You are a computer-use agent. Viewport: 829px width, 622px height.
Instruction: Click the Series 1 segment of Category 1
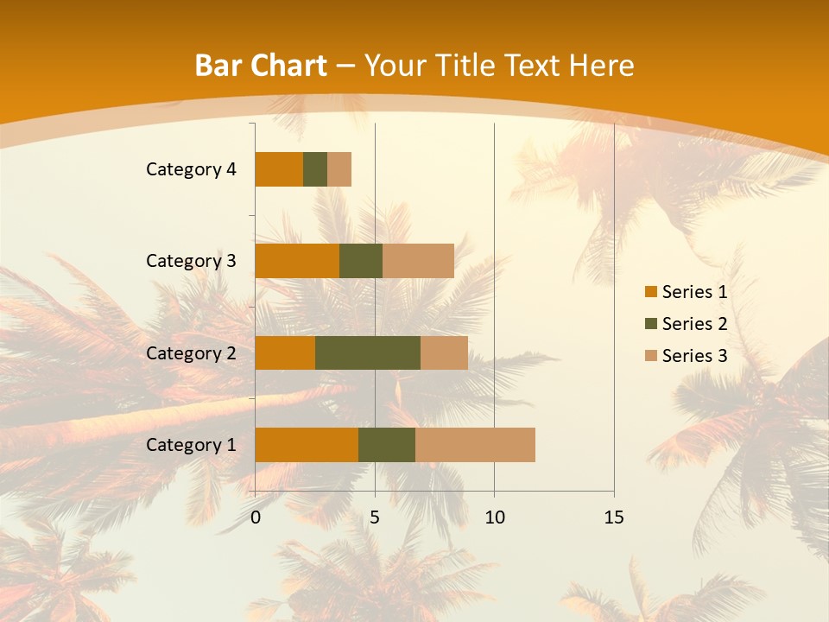pyautogui.click(x=307, y=444)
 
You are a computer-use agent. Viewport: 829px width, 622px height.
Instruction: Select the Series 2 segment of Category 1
pyautogui.click(x=387, y=444)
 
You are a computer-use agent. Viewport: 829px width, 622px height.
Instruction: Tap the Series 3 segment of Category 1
pyautogui.click(x=475, y=444)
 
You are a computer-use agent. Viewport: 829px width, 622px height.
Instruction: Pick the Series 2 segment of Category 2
pyautogui.click(x=368, y=352)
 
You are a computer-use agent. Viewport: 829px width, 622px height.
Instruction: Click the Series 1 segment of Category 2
pyautogui.click(x=285, y=352)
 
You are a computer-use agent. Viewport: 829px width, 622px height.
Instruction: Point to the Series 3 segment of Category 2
pyautogui.click(x=444, y=352)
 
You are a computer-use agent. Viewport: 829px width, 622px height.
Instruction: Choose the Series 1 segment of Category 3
pyautogui.click(x=297, y=261)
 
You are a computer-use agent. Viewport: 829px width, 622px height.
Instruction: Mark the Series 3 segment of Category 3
pyautogui.click(x=418, y=261)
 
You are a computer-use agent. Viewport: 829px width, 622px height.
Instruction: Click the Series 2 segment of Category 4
pyautogui.click(x=315, y=169)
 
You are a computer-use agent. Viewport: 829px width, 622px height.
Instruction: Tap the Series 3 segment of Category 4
pyautogui.click(x=339, y=169)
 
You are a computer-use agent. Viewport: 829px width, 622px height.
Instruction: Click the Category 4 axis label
pyautogui.click(x=191, y=169)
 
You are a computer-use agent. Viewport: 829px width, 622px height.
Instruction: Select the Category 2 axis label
pyautogui.click(x=191, y=352)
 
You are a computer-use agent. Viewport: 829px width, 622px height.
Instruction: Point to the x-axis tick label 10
pyautogui.click(x=494, y=517)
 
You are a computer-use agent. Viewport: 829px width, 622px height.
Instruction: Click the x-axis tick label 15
pyautogui.click(x=613, y=517)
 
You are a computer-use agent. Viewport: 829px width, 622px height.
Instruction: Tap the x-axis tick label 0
pyautogui.click(x=256, y=517)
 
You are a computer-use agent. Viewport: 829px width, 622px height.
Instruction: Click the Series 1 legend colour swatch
pyautogui.click(x=650, y=292)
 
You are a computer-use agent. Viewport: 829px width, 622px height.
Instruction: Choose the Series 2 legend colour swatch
pyautogui.click(x=650, y=324)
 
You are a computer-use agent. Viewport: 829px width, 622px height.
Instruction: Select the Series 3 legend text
pyautogui.click(x=694, y=356)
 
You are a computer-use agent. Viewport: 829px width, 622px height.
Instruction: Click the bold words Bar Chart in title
pyautogui.click(x=261, y=66)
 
